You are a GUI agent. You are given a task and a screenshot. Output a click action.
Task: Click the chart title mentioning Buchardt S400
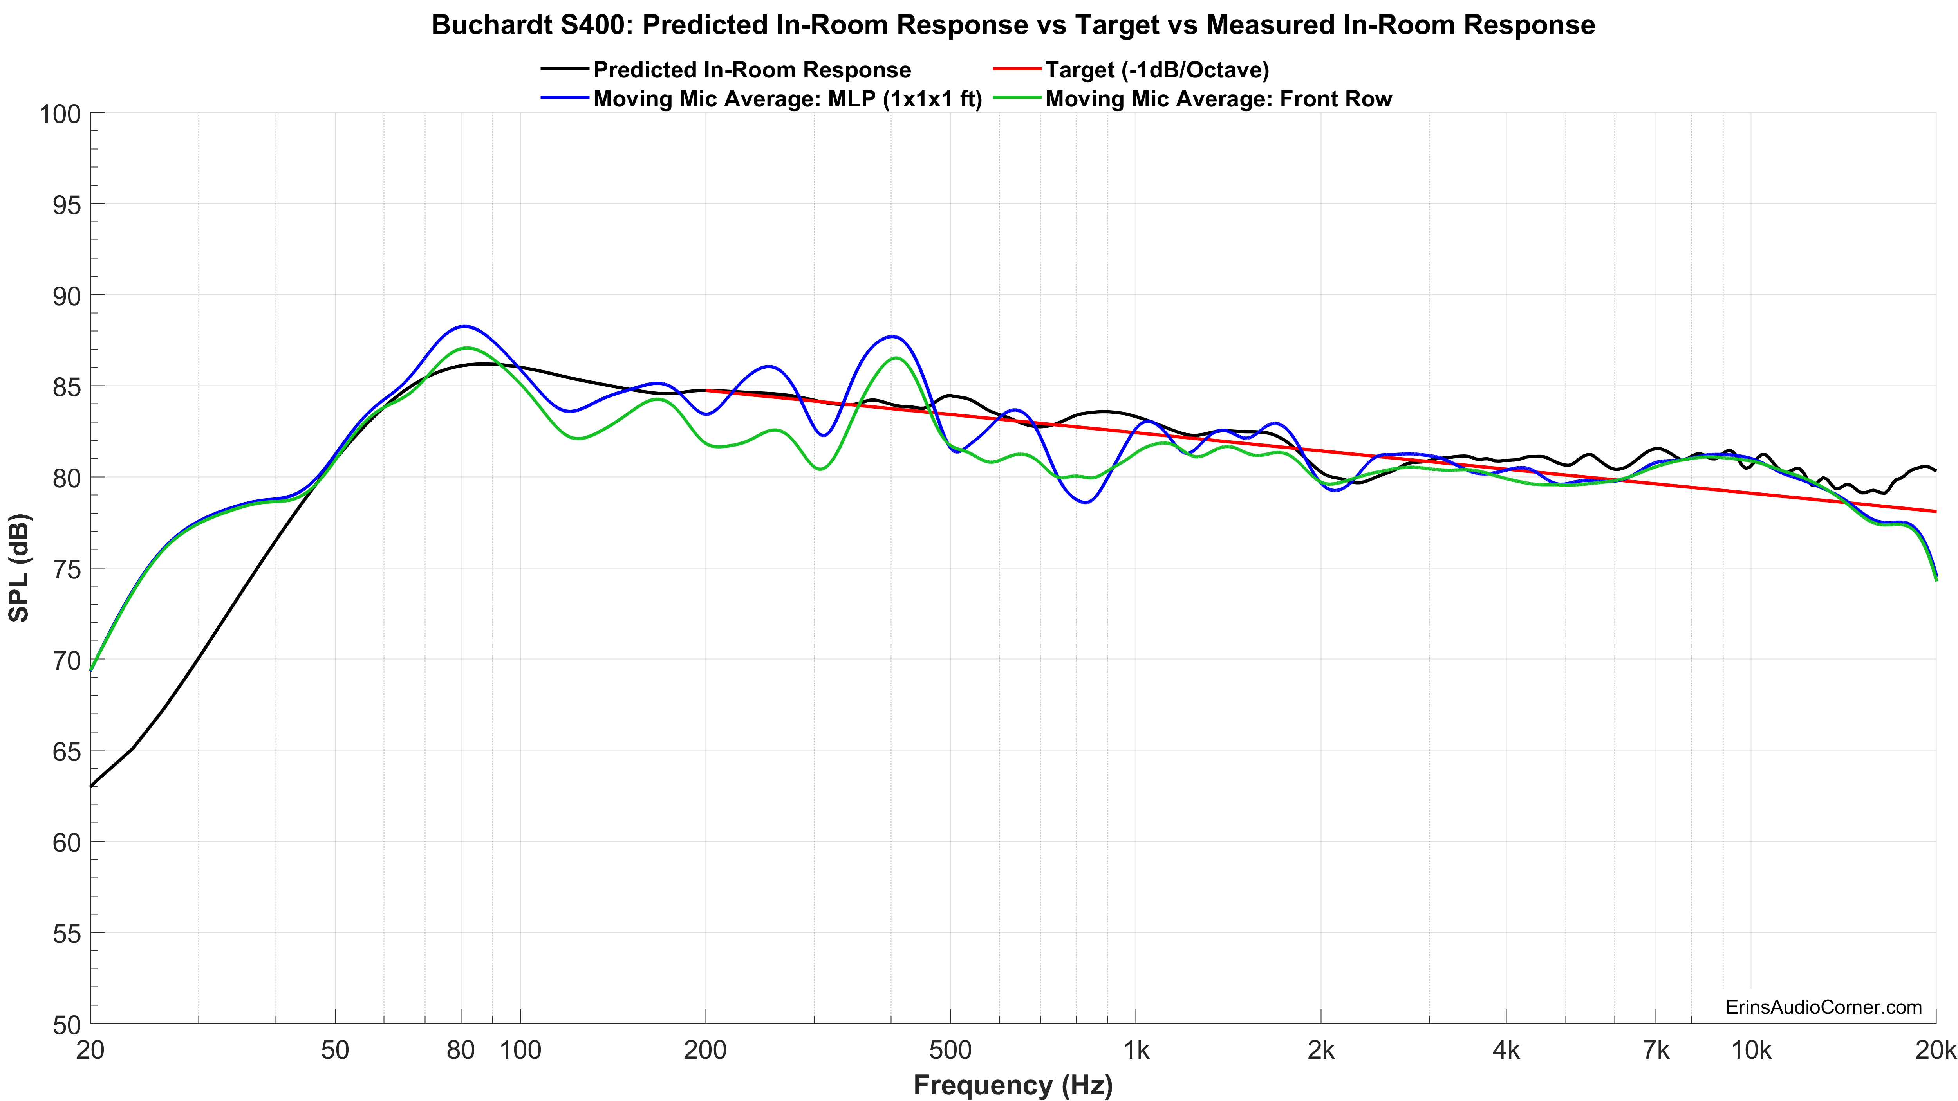click(x=1012, y=25)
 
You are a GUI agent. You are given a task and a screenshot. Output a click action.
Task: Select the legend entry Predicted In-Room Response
click(x=751, y=70)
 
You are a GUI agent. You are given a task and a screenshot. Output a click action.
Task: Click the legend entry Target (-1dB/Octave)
click(x=1156, y=70)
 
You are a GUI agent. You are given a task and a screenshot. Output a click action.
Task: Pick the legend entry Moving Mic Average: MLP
click(x=787, y=99)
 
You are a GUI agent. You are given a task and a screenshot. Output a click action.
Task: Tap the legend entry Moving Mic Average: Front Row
click(x=1217, y=99)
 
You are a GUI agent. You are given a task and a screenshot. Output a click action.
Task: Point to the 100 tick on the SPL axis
click(x=59, y=114)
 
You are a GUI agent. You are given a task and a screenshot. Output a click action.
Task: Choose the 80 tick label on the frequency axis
click(x=461, y=1050)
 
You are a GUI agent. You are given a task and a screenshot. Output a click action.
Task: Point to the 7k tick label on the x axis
click(x=1655, y=1050)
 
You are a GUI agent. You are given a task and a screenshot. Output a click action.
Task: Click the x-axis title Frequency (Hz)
click(x=1012, y=1084)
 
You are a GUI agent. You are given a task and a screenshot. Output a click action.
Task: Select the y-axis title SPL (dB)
click(x=19, y=568)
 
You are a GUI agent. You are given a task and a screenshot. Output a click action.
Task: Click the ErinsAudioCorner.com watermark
click(x=1823, y=1007)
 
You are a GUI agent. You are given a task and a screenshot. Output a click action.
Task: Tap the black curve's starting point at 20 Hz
click(x=91, y=786)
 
